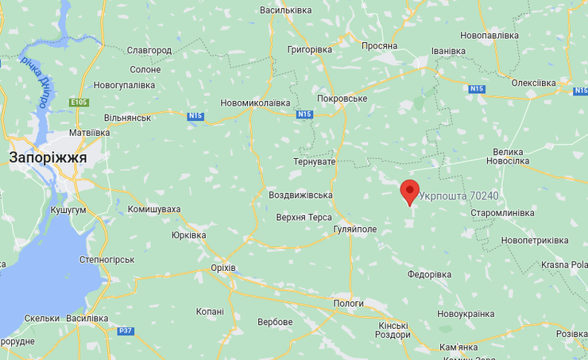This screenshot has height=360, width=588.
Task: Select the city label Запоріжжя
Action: [48, 157]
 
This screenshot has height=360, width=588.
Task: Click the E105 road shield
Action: [79, 103]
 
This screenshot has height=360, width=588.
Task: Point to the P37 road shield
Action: [126, 331]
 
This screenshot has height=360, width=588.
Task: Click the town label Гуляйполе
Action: [354, 229]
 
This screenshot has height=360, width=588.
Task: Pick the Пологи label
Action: [348, 304]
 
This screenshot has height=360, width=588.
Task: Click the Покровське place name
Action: [342, 99]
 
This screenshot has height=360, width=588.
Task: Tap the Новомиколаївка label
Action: [255, 103]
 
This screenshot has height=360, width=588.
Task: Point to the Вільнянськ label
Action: [127, 118]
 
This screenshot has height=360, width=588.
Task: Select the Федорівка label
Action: [429, 274]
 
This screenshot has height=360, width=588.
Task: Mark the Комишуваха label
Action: [154, 209]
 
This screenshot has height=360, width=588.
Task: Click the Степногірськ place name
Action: [107, 259]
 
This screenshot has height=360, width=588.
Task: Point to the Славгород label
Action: [149, 50]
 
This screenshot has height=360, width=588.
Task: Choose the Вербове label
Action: [275, 322]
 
